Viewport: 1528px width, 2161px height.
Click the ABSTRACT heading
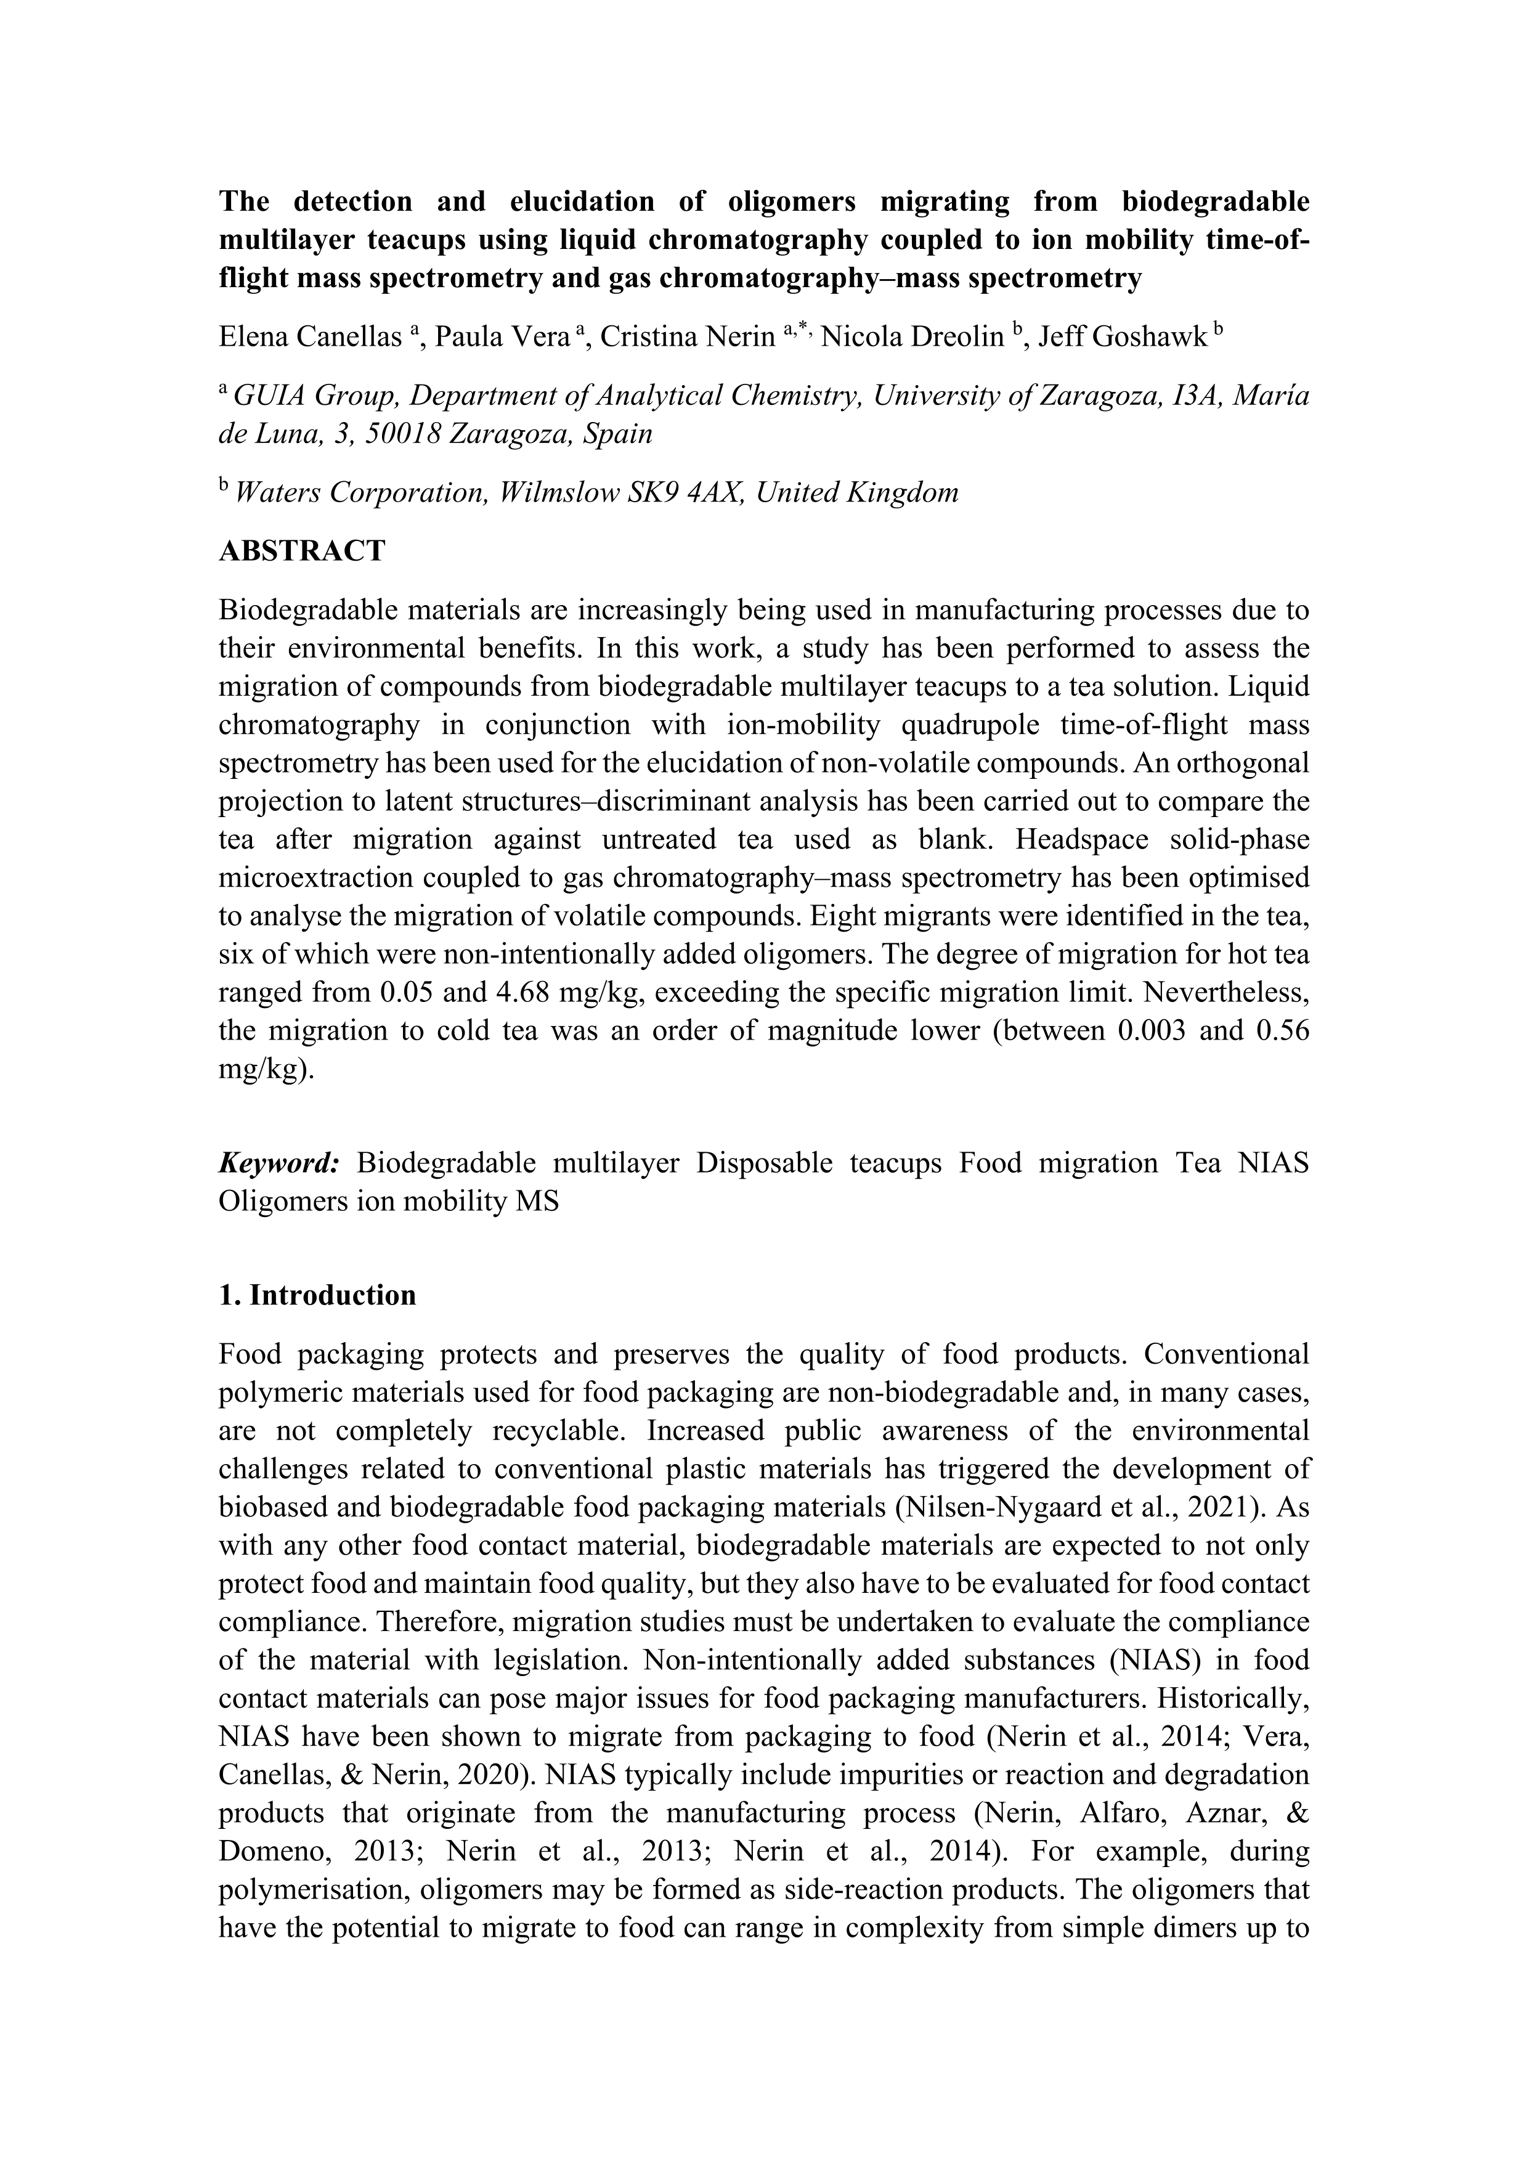[x=302, y=551]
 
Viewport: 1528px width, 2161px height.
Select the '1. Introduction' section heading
[x=317, y=1295]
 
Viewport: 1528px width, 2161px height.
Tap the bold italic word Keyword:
[x=280, y=1163]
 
